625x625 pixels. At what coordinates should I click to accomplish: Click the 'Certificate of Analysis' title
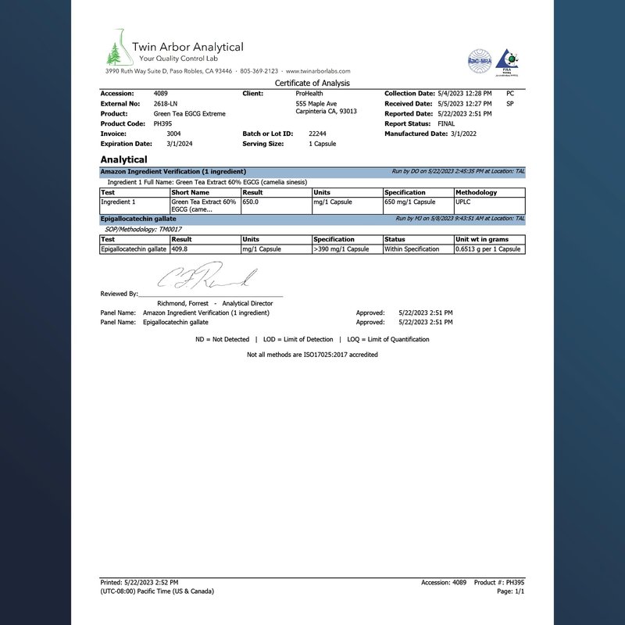pos(312,83)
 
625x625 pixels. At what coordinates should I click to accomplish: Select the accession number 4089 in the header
pos(161,94)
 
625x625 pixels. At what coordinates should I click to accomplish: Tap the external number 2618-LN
pos(165,103)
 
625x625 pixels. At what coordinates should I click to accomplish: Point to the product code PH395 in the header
pos(162,123)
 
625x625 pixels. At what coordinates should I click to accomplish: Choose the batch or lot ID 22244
pos(317,134)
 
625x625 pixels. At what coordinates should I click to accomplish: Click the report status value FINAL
pos(446,123)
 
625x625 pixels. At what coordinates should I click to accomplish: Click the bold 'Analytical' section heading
pos(123,159)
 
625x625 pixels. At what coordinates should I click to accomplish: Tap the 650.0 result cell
pos(252,202)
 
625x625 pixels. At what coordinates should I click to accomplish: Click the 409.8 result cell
pos(182,249)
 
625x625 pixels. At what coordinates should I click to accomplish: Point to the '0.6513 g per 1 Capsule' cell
pos(487,249)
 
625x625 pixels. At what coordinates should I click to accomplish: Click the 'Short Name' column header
pos(191,192)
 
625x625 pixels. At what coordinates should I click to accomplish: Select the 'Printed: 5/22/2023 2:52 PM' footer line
pos(140,583)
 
